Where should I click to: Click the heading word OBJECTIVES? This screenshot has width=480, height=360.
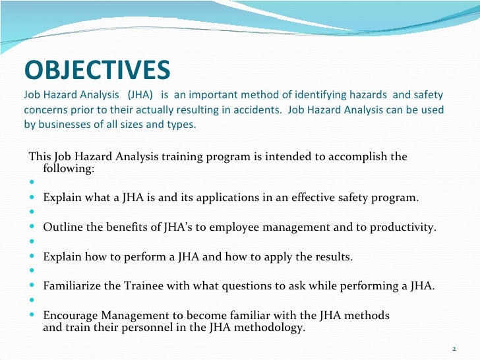coord(97,69)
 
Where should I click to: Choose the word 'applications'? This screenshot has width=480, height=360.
coord(224,197)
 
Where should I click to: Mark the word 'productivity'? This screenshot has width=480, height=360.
coord(404,227)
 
